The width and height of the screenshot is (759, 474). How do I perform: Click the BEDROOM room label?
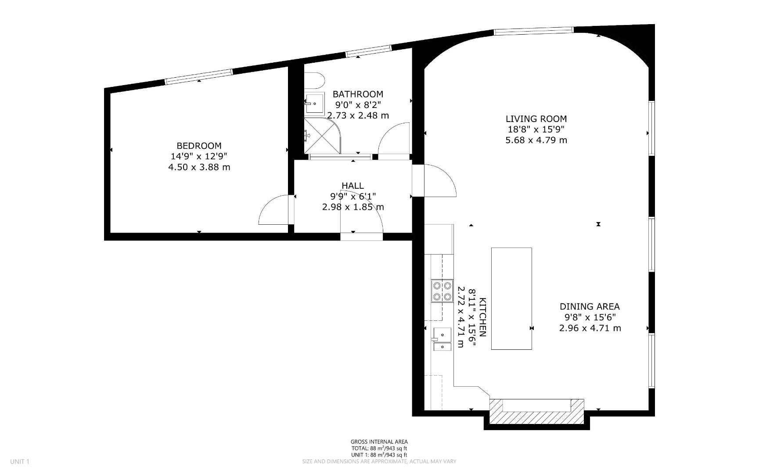tap(199, 146)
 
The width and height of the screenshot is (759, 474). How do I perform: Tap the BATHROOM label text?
tap(357, 94)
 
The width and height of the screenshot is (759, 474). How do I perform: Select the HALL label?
tap(353, 186)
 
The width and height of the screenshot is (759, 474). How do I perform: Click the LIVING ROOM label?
tap(536, 118)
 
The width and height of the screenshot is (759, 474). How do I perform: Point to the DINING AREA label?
tap(590, 306)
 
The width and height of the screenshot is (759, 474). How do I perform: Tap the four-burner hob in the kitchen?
tap(442, 291)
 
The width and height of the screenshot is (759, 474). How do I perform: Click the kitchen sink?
tap(442, 339)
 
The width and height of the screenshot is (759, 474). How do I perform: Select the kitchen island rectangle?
tap(511, 298)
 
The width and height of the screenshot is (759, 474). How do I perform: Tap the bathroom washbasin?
tap(314, 104)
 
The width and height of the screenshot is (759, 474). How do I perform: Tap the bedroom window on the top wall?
tap(198, 76)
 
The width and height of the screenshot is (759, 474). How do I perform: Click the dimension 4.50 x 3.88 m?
tap(199, 167)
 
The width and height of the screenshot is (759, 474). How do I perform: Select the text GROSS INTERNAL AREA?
tap(379, 442)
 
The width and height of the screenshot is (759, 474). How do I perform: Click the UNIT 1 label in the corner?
tap(20, 461)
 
